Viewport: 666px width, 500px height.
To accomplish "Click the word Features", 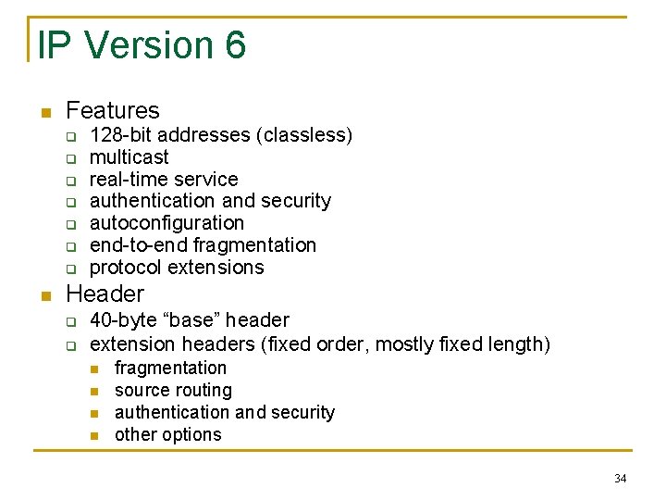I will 113,110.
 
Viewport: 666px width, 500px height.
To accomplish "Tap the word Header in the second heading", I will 105,294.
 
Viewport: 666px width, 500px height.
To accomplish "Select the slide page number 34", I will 620,479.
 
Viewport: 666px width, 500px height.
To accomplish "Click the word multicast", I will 129,157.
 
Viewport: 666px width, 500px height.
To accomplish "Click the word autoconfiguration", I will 166,223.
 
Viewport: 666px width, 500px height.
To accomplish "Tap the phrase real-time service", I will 164,179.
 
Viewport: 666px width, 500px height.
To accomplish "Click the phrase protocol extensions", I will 177,268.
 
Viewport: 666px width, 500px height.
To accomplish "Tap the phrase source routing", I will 173,391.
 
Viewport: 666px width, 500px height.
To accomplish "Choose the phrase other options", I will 167,434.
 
